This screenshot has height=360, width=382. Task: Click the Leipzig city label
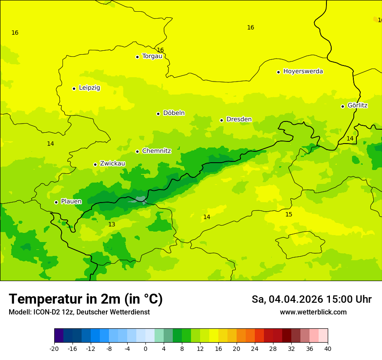pyautogui.click(x=89, y=88)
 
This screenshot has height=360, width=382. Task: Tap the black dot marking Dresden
pyautogui.click(x=221, y=120)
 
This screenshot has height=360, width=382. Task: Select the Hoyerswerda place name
pyautogui.click(x=303, y=71)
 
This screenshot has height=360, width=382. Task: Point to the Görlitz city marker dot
pyautogui.click(x=342, y=106)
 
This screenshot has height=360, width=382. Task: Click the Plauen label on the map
pyautogui.click(x=71, y=201)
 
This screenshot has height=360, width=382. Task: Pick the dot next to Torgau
pyautogui.click(x=137, y=56)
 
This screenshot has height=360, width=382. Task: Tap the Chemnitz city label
pyautogui.click(x=156, y=151)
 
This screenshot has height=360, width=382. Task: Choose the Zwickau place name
pyautogui.click(x=112, y=164)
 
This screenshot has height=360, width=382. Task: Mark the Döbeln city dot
pyautogui.click(x=158, y=114)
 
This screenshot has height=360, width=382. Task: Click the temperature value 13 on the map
pyautogui.click(x=112, y=224)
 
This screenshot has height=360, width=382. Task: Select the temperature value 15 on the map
pyautogui.click(x=289, y=214)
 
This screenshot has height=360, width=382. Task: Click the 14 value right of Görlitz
pyautogui.click(x=350, y=138)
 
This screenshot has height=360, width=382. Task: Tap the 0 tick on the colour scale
pyautogui.click(x=145, y=348)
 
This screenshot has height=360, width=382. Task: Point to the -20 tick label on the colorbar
pyautogui.click(x=54, y=348)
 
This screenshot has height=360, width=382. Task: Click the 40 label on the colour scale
pyautogui.click(x=328, y=348)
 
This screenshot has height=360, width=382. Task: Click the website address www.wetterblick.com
pyautogui.click(x=313, y=312)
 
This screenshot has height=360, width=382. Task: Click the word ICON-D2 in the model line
pyautogui.click(x=46, y=312)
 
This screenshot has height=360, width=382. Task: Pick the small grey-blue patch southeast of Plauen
pyautogui.click(x=140, y=200)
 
